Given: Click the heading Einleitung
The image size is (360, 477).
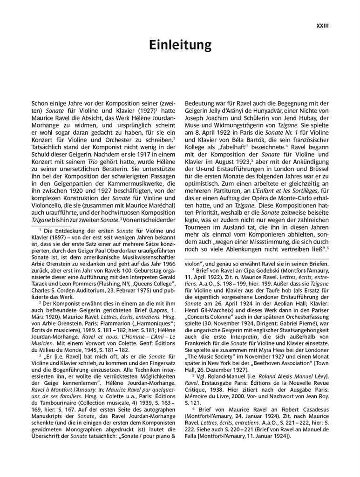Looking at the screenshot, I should click(180, 45).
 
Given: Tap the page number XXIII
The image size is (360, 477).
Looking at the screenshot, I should click(322, 27).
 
